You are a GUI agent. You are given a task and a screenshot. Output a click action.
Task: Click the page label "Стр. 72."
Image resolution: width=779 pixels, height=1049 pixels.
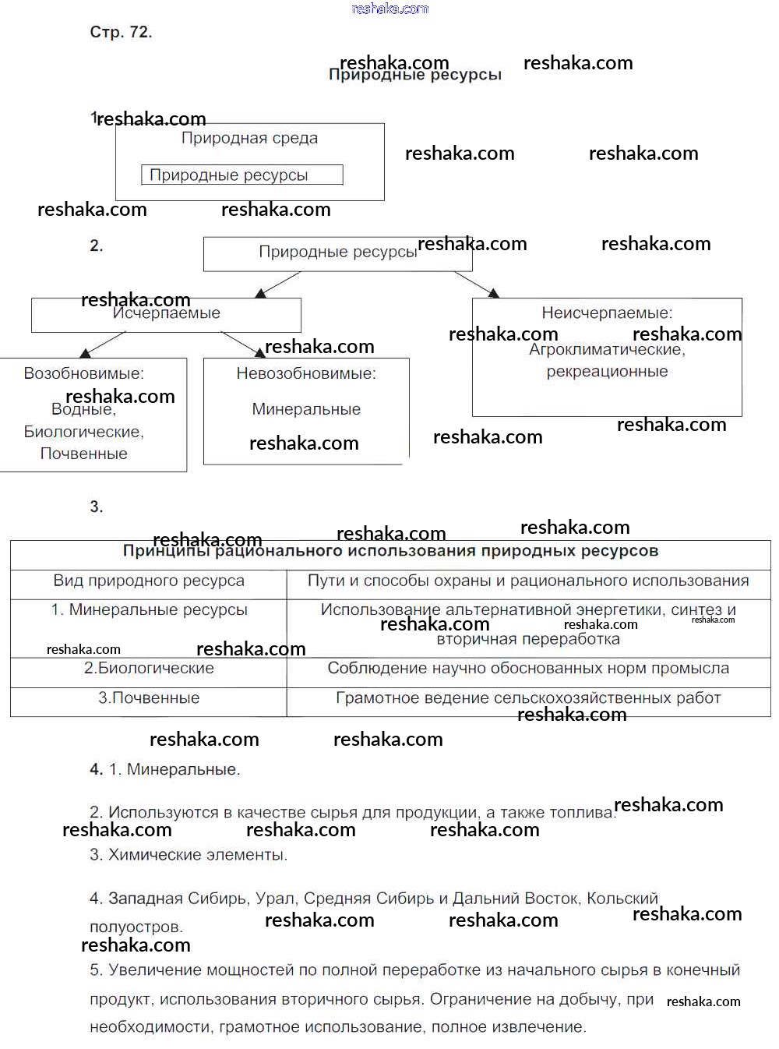[121, 33]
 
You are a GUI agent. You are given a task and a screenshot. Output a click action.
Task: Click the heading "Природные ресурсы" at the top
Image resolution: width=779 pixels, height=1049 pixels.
[414, 76]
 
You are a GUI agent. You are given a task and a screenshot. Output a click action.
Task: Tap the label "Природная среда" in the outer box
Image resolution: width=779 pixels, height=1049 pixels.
[249, 139]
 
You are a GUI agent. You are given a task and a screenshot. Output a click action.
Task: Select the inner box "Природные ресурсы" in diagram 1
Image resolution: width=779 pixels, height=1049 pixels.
[241, 175]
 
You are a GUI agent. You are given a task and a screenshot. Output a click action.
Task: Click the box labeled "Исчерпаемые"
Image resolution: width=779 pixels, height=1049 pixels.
[166, 314]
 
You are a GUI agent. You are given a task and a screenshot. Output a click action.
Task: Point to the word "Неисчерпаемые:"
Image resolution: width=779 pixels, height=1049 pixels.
[607, 313]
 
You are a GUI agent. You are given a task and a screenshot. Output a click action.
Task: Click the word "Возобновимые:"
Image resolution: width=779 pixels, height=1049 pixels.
[83, 373]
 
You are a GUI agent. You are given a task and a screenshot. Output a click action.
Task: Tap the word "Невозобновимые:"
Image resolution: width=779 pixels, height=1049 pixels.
[306, 374]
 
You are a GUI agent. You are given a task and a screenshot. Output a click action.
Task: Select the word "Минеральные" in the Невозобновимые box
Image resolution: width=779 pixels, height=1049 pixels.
[306, 409]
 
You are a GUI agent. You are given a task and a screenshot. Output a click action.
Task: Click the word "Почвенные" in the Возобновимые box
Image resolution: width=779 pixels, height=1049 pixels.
[83, 454]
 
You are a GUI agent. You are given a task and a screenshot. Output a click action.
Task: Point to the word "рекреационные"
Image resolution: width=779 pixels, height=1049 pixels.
[607, 372]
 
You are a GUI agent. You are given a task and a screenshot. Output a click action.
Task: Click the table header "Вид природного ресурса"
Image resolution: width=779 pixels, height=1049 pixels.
[149, 581]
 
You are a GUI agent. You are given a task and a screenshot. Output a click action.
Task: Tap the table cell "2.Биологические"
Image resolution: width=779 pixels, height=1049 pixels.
[149, 669]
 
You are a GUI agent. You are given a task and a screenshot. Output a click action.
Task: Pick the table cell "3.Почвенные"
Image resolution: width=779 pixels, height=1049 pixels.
[149, 698]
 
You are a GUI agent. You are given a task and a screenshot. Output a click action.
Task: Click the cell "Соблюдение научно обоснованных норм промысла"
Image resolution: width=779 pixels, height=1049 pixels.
[528, 669]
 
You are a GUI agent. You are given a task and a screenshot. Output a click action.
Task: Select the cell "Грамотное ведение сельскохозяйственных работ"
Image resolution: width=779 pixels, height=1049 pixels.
[528, 698]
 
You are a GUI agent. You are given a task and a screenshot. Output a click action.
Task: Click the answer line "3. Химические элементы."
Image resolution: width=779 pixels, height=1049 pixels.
[189, 855]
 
